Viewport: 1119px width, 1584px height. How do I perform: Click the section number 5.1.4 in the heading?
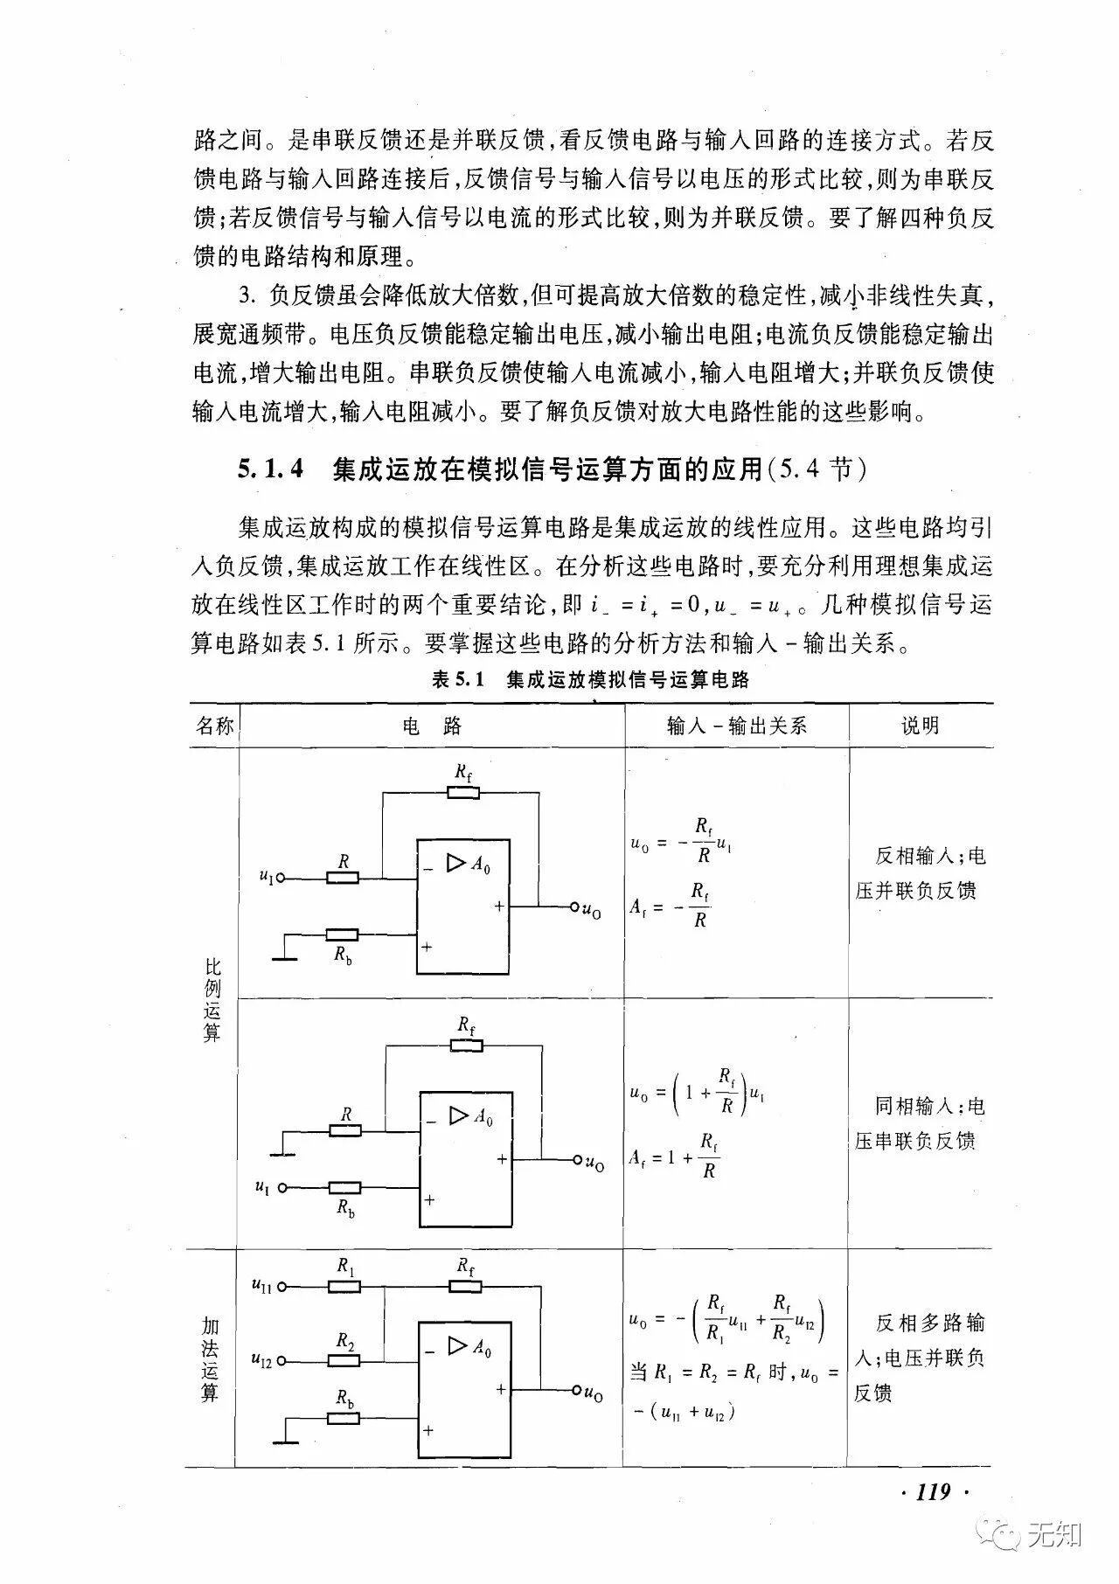[x=270, y=469]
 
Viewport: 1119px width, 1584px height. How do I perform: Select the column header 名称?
[x=214, y=726]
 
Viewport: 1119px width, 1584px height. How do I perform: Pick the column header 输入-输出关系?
[x=736, y=726]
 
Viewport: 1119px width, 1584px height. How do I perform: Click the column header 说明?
[x=920, y=726]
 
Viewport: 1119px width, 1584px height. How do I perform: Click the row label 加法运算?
[x=210, y=1360]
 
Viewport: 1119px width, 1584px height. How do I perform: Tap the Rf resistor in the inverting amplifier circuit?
[x=462, y=792]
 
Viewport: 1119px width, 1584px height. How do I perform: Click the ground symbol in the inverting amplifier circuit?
[x=284, y=957]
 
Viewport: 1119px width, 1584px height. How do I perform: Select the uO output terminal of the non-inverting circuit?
[x=578, y=1160]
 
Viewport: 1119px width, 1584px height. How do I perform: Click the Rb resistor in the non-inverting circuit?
[x=345, y=1187]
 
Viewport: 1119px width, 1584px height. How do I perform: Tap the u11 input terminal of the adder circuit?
[x=282, y=1287]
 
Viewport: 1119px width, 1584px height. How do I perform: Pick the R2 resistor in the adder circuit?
[x=344, y=1360]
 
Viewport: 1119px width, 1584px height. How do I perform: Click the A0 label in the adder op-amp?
[x=482, y=1347]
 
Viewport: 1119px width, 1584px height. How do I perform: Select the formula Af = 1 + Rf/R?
[x=674, y=1157]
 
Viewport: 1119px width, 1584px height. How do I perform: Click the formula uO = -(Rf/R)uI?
[x=680, y=841]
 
